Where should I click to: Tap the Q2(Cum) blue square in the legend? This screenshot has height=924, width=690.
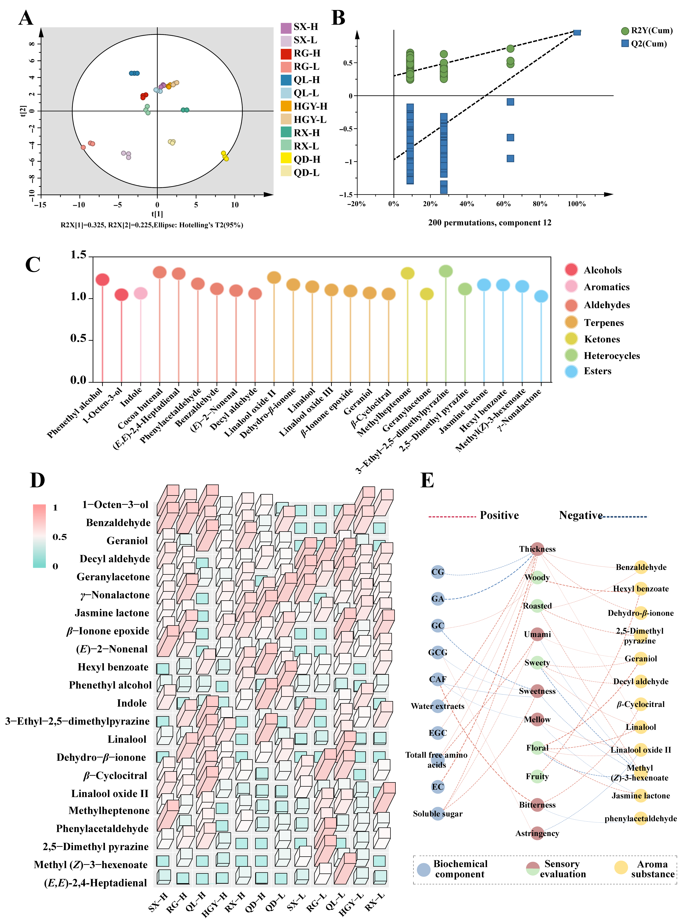pos(625,43)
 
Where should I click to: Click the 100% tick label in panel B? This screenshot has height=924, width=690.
pos(576,204)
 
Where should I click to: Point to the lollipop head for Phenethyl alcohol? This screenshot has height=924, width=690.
pos(102,279)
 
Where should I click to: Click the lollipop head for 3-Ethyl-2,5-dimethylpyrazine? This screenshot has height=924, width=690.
pos(446,271)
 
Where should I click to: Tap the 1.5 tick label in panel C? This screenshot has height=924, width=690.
pos(78,255)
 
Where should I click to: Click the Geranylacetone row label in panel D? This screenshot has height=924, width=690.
pos(113,577)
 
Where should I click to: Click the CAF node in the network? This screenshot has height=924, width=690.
pos(437,679)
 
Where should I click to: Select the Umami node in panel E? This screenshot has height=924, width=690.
pos(537,634)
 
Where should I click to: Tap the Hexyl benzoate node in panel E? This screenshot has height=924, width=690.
pos(641,588)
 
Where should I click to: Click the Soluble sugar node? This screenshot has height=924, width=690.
pos(437,813)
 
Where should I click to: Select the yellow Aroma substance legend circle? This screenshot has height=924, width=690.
pos(621,867)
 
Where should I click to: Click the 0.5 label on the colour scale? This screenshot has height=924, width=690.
pos(59,537)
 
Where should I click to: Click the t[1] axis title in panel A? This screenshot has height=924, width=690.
pos(157,214)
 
